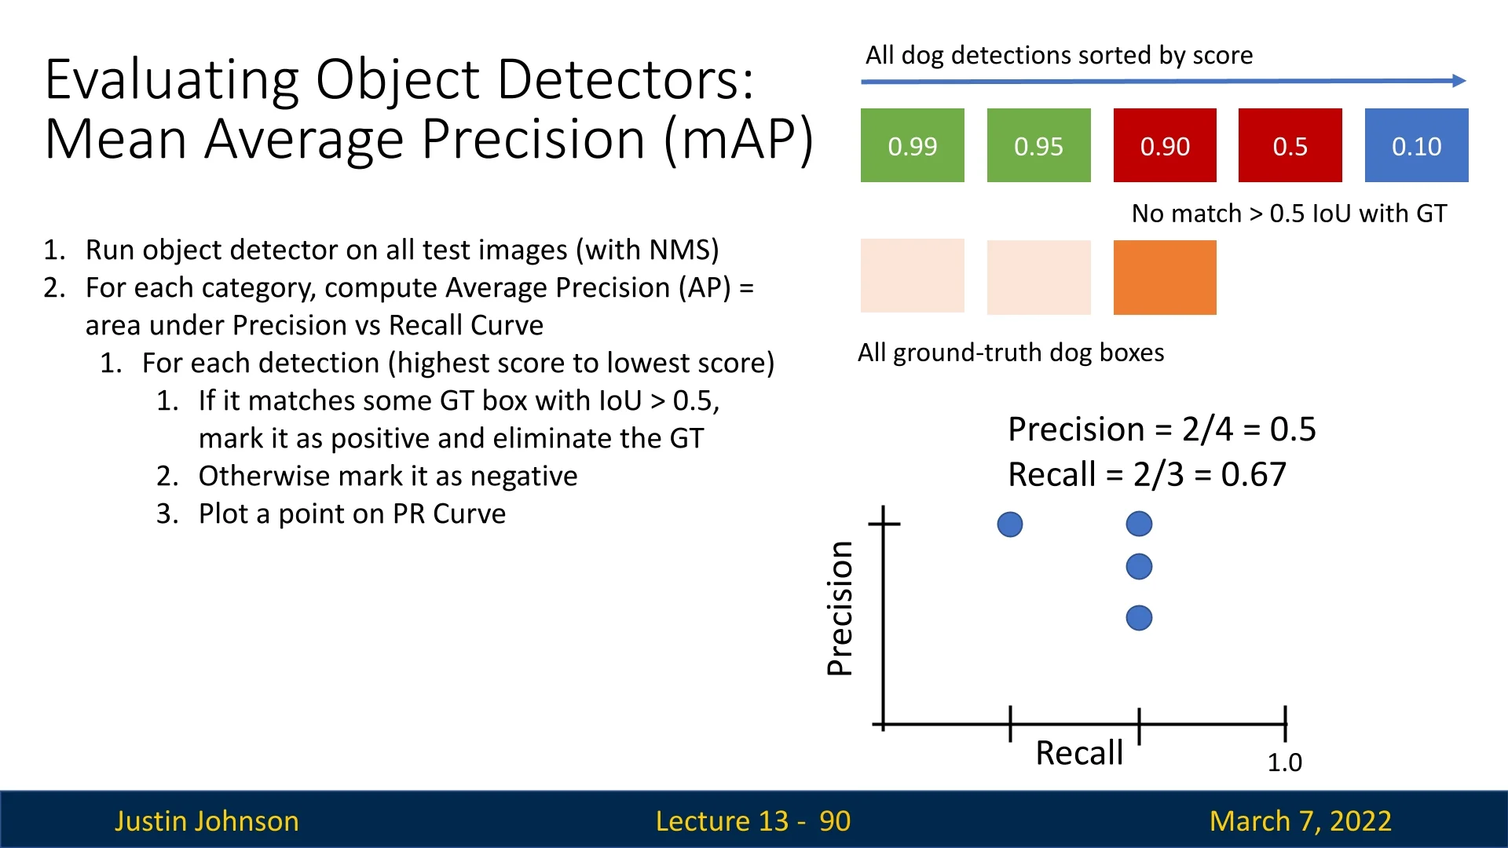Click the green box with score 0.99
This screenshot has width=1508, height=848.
(912, 145)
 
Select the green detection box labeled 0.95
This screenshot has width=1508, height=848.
(1038, 145)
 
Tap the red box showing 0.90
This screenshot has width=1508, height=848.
(1165, 145)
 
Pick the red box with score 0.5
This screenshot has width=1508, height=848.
(1290, 145)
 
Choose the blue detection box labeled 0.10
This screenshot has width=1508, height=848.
(1417, 145)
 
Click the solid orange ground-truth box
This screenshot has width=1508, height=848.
(1165, 277)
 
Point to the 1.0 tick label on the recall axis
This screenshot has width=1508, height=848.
(1285, 762)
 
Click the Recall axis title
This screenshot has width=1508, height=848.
(1079, 753)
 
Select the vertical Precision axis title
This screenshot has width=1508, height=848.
(840, 609)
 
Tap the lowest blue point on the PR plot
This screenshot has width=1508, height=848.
(1139, 618)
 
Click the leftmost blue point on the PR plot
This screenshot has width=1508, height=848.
(1010, 525)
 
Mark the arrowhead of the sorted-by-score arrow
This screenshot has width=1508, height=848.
(1460, 80)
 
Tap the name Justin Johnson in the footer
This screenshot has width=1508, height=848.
(207, 821)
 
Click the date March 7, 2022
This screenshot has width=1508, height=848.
(1301, 821)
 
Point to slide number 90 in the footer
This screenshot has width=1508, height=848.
(835, 821)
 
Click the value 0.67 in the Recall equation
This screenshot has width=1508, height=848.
(1254, 474)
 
